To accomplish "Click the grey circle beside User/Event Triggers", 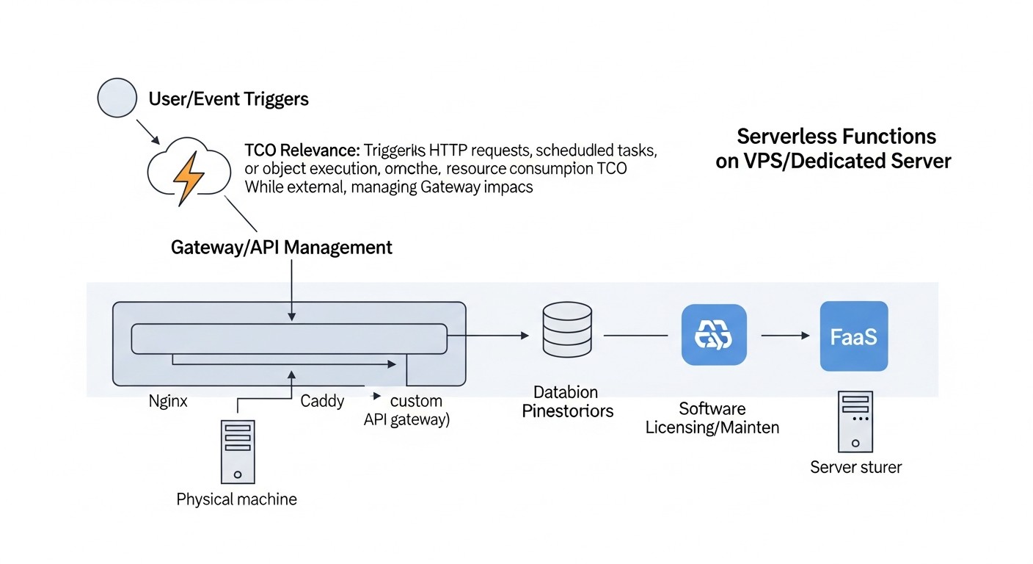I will click(117, 98).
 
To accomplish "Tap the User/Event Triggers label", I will click(228, 99).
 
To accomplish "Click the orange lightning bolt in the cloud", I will click(187, 178).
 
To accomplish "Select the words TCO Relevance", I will click(302, 150).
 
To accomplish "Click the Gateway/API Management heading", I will click(281, 247).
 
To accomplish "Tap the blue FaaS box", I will click(853, 336).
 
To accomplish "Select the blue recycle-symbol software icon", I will click(714, 336).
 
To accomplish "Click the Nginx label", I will click(168, 402).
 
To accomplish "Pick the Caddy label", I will click(322, 402).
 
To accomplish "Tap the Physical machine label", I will click(237, 500).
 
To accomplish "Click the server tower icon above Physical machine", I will click(238, 451).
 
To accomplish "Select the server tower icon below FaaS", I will click(855, 422).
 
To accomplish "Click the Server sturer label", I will click(855, 467).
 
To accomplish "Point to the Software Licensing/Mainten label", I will click(712, 418).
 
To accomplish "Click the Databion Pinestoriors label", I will click(567, 402).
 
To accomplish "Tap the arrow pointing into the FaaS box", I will click(786, 336).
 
